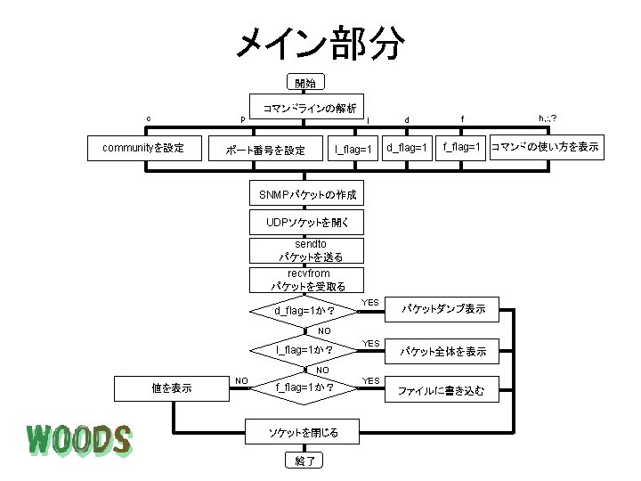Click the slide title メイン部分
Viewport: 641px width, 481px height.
click(x=320, y=42)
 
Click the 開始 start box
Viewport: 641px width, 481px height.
click(x=305, y=83)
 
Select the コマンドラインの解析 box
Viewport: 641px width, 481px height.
click(x=309, y=108)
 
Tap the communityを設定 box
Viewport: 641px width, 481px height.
click(x=143, y=148)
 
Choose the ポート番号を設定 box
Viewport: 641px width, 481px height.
click(x=264, y=149)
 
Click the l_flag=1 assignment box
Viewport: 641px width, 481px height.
click(x=353, y=148)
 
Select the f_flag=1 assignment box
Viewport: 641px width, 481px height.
click(x=462, y=147)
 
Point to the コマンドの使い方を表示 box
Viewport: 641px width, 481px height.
click(x=545, y=147)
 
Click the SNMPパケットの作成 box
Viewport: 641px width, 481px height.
click(x=306, y=194)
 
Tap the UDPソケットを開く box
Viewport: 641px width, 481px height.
click(x=306, y=222)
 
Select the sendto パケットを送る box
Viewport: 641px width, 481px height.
click(x=306, y=250)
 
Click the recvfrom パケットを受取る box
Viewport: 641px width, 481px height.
click(x=306, y=280)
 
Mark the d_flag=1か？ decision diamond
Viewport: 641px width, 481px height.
click(x=305, y=311)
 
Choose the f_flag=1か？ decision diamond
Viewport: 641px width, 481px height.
click(x=305, y=387)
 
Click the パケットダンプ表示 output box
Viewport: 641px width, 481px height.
click(x=442, y=309)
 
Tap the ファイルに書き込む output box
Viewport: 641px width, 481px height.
click(x=442, y=390)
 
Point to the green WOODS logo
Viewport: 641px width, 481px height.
click(x=78, y=439)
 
